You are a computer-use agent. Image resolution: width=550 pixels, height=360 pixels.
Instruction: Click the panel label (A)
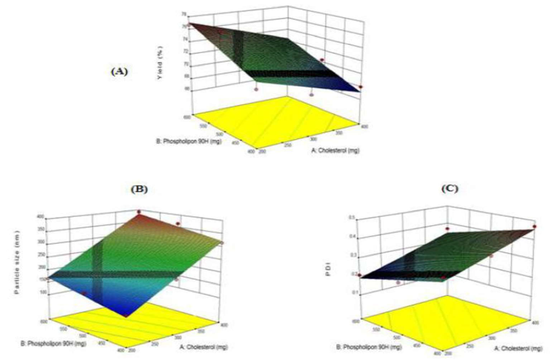pos(119,71)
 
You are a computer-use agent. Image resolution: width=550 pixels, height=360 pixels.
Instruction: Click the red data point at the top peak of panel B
pos(139,211)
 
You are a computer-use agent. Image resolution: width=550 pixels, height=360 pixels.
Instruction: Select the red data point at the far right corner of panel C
pos(535,227)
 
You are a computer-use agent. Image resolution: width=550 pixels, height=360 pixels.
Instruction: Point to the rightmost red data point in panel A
pos(361,87)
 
